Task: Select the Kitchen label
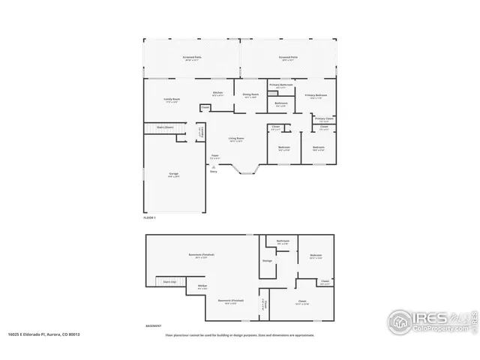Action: click(217, 93)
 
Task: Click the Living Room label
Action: click(236, 137)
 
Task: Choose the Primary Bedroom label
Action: click(315, 95)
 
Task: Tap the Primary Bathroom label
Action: click(281, 85)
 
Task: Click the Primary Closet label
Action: click(324, 118)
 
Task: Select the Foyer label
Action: click(214, 156)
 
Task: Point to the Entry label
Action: click(214, 170)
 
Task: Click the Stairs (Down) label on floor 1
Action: click(165, 127)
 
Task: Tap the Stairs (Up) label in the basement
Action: click(169, 281)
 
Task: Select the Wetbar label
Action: click(202, 286)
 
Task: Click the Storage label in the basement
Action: click(267, 260)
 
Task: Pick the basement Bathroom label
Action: click(283, 241)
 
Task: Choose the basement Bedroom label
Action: click(316, 256)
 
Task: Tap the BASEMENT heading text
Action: click(153, 326)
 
